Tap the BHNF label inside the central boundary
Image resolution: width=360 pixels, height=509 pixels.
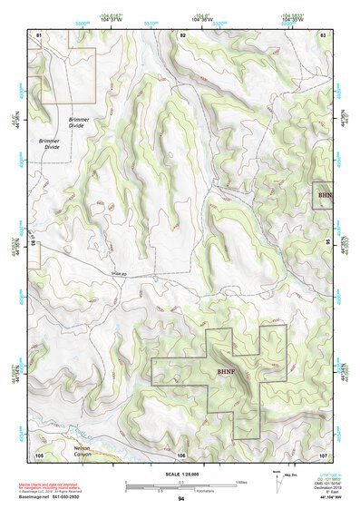pos(227,372)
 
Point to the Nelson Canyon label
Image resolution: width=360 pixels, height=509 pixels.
pos(83,451)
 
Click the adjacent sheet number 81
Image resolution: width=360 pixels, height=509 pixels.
pos(39,34)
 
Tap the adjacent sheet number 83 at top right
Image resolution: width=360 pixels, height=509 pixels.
pos(322,34)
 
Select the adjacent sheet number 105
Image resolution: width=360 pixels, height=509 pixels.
pos(39,455)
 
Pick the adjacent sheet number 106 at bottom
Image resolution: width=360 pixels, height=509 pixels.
pos(181,455)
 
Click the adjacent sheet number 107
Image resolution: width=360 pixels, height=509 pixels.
pos(322,455)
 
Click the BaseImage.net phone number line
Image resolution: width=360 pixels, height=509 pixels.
pos(63,497)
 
